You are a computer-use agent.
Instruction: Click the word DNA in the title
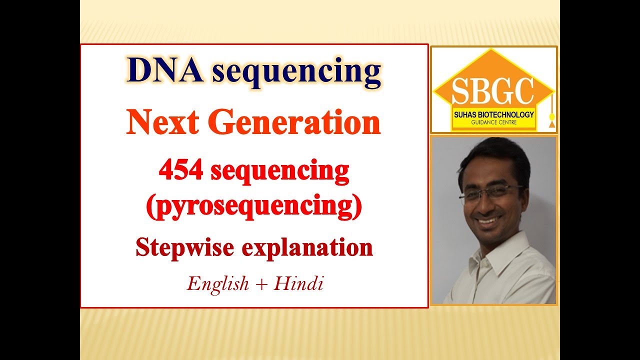[x=165, y=71]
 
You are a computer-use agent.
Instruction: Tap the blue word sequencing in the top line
[x=296, y=73]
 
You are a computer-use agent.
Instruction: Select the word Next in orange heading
[x=158, y=123]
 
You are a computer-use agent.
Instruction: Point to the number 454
[x=180, y=171]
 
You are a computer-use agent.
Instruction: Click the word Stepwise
[x=184, y=247]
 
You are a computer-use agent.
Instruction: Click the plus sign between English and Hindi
[x=261, y=284]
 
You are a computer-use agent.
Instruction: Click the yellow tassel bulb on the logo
[x=552, y=117]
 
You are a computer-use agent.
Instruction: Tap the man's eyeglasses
[x=490, y=193]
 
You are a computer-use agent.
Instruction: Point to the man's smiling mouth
[x=488, y=220]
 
